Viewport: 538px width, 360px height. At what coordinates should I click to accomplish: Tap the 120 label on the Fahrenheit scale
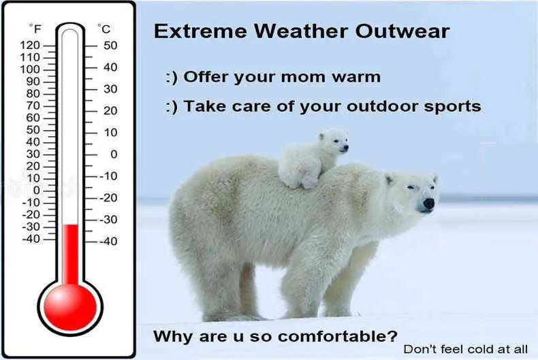point(30,46)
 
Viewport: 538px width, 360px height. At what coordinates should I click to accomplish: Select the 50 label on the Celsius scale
point(110,46)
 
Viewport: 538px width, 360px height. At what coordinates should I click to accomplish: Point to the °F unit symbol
point(35,29)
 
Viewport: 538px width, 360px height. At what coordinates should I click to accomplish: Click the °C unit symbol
point(104,29)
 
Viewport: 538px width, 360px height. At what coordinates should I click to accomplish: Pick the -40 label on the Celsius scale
point(108,241)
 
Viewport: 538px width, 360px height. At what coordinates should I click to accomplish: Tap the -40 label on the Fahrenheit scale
point(31,239)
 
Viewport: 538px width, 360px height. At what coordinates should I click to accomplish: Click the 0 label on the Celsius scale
point(114,154)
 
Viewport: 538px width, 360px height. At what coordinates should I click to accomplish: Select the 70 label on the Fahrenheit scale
point(33,105)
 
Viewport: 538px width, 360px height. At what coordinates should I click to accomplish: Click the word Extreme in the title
point(200,31)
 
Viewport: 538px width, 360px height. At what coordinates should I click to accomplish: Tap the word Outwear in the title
point(402,31)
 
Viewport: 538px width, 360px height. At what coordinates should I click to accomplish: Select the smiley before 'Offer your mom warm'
point(172,78)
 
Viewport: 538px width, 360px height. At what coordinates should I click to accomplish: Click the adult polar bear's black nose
point(428,203)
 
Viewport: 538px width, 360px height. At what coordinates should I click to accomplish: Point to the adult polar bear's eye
point(411,187)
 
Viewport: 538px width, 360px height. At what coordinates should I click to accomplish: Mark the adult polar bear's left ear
point(389,179)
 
